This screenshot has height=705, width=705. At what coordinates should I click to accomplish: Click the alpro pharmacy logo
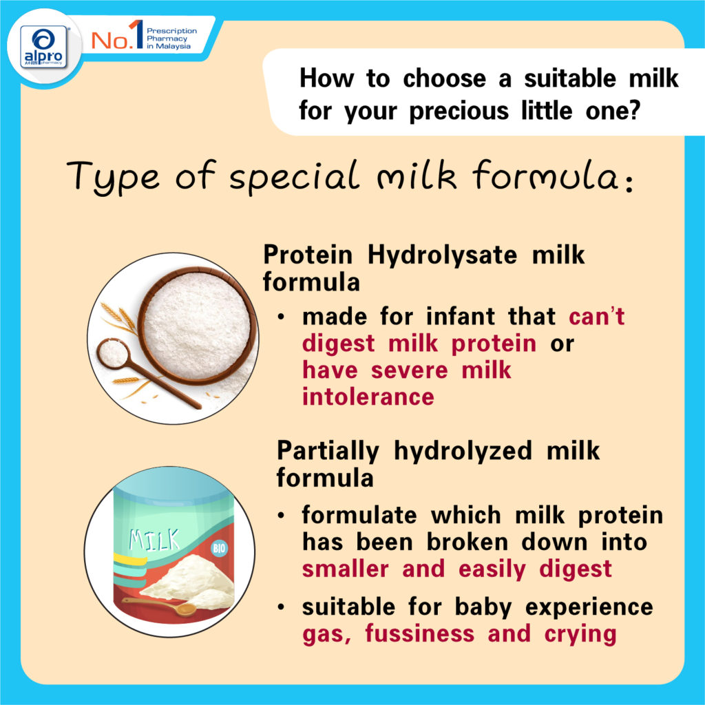pyautogui.click(x=43, y=47)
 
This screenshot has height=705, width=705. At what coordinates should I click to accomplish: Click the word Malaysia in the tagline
pyautogui.click(x=173, y=46)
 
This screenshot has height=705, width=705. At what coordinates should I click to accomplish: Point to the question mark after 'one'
pyautogui.click(x=634, y=111)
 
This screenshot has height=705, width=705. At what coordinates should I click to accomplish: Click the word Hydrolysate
pyautogui.click(x=443, y=255)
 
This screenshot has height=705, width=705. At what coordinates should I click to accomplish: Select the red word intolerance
pyautogui.click(x=368, y=397)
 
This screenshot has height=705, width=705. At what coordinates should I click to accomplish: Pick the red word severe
pyautogui.click(x=409, y=370)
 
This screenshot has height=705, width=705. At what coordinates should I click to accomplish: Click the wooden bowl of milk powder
pyautogui.click(x=198, y=325)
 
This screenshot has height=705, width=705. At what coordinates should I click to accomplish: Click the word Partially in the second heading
pyautogui.click(x=328, y=451)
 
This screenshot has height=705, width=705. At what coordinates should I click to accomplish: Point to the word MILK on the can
pyautogui.click(x=154, y=540)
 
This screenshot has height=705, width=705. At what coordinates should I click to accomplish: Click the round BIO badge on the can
pyautogui.click(x=219, y=549)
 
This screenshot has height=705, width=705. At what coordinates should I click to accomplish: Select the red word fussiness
pyautogui.click(x=419, y=634)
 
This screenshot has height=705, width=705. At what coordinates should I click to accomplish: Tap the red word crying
pyautogui.click(x=580, y=635)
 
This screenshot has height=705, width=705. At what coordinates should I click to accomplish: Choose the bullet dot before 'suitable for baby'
pyautogui.click(x=281, y=607)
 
